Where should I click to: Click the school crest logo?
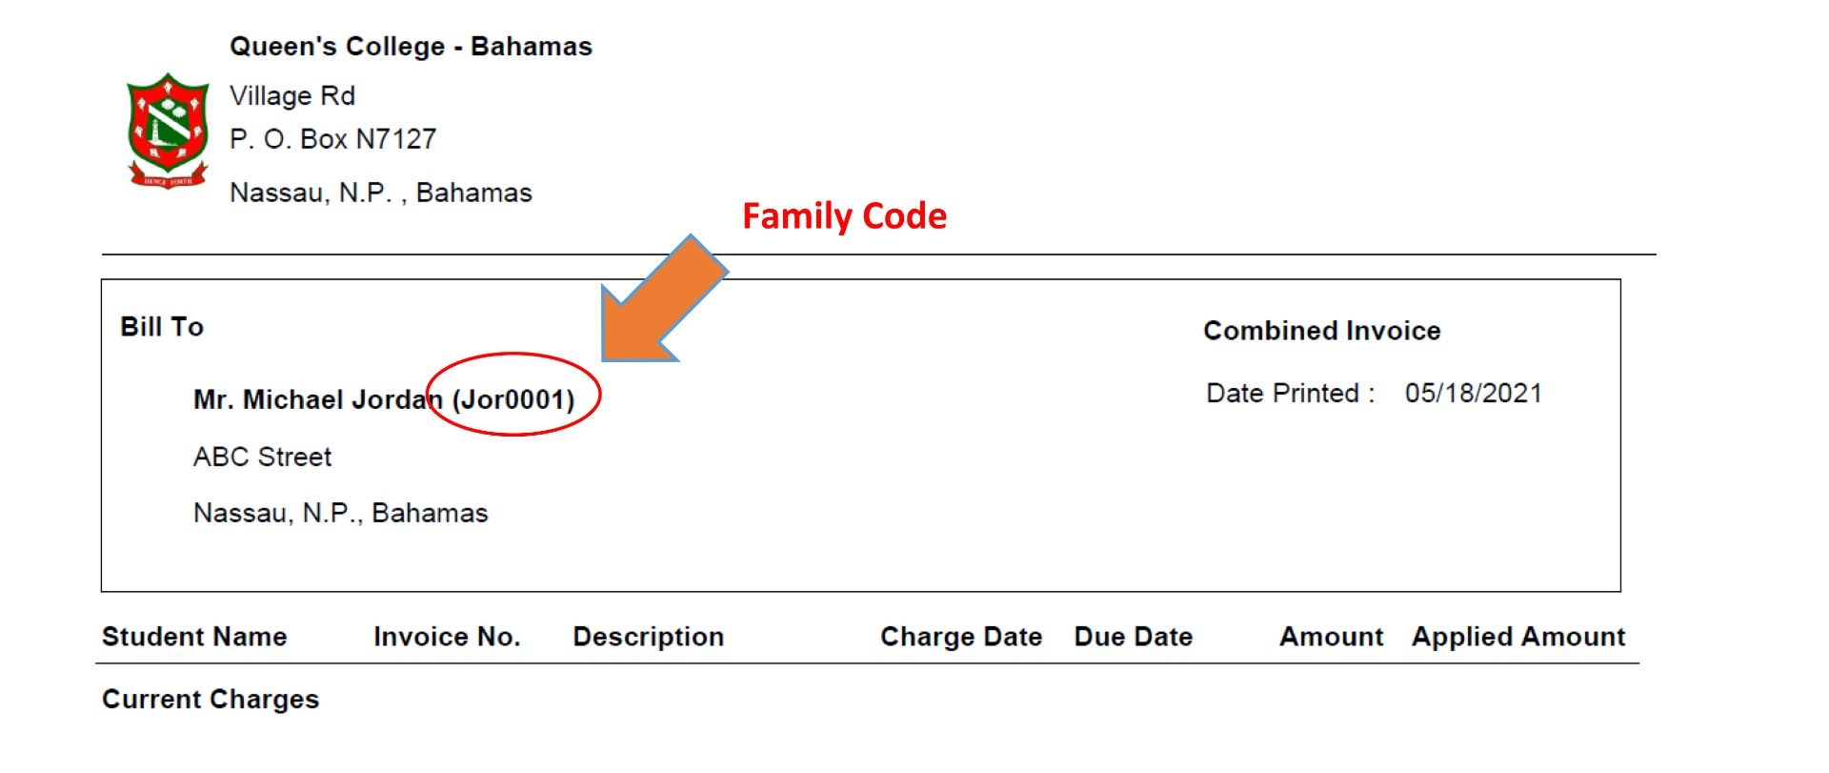point(168,130)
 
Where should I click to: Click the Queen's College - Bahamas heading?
point(411,47)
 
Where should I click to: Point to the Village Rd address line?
point(292,96)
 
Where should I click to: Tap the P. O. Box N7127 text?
point(332,139)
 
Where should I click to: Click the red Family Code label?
point(844,216)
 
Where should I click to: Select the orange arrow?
point(664,299)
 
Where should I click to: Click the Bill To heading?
point(162,327)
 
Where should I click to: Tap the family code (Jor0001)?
point(514,399)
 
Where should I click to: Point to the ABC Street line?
point(262,458)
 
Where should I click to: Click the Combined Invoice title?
point(1321,331)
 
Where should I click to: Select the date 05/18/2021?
point(1473,394)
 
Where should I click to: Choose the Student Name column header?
point(194,637)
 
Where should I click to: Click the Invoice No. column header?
point(447,637)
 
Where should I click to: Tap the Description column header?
point(648,637)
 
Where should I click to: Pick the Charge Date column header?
point(960,637)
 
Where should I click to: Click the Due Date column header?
point(1133,637)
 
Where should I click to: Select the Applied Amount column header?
point(1517,637)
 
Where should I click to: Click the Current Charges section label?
point(211,700)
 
